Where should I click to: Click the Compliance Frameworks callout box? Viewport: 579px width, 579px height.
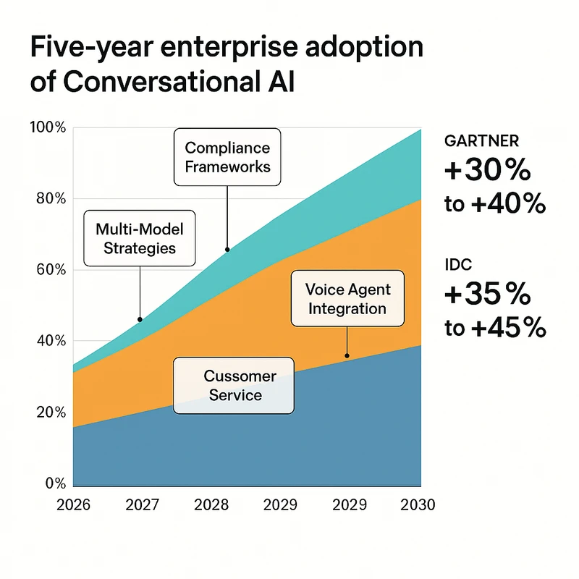point(227,157)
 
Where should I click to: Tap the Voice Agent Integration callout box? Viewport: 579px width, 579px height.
point(347,299)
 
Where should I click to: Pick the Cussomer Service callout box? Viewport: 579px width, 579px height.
point(233,386)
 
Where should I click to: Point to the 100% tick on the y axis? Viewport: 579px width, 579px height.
point(48,127)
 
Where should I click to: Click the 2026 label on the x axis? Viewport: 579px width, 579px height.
point(73,505)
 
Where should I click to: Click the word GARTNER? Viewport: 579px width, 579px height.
point(481,140)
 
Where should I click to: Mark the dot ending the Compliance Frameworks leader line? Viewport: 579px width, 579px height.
point(227,250)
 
